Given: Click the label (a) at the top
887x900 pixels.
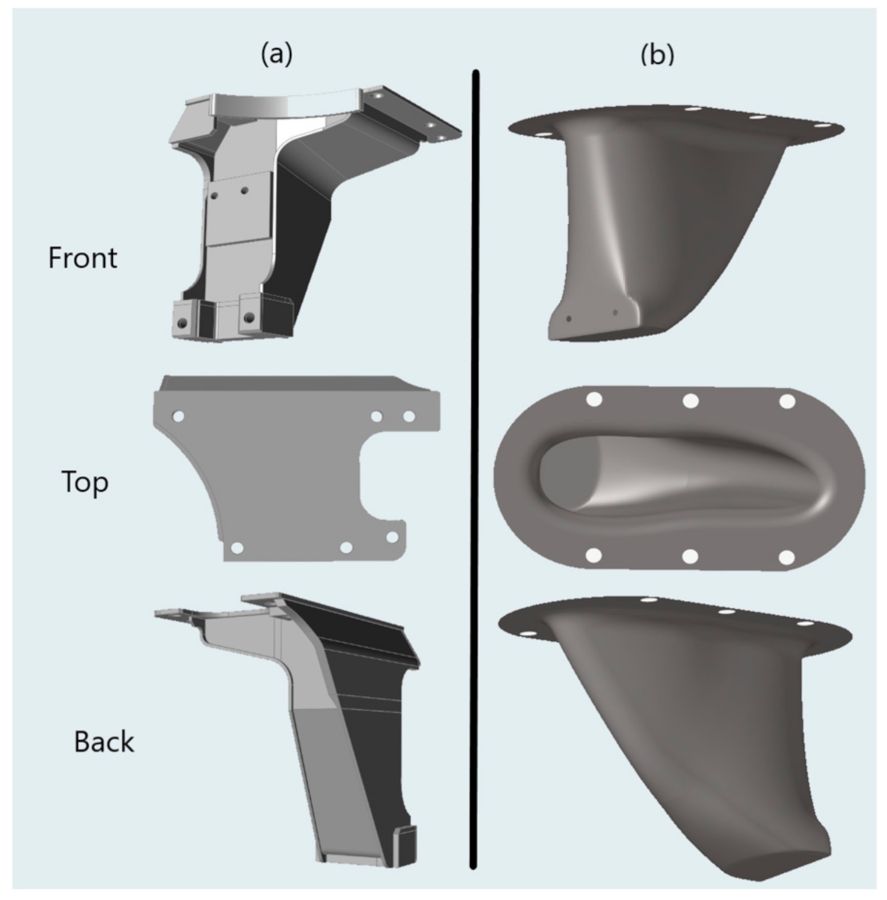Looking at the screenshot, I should click(276, 55).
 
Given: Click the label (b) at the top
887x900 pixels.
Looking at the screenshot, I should click(657, 55).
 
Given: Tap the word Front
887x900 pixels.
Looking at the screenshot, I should click(82, 258).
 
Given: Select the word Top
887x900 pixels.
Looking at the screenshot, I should click(85, 483).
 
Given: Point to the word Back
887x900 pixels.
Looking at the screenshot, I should click(104, 742).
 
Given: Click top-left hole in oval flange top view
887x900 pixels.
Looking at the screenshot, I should click(594, 400).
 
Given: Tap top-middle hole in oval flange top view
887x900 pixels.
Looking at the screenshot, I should click(691, 400).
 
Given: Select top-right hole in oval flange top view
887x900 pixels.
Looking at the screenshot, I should click(786, 401).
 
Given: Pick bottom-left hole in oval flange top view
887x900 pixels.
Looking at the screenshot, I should click(594, 555).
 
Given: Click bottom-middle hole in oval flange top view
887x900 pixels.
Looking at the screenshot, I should click(690, 556).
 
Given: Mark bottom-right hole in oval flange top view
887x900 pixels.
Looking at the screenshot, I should click(786, 557).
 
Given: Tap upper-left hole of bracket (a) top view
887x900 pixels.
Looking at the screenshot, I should click(178, 417).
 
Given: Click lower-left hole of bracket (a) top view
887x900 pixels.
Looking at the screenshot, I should click(237, 548).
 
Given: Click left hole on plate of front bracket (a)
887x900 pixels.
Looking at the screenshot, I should click(213, 196).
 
